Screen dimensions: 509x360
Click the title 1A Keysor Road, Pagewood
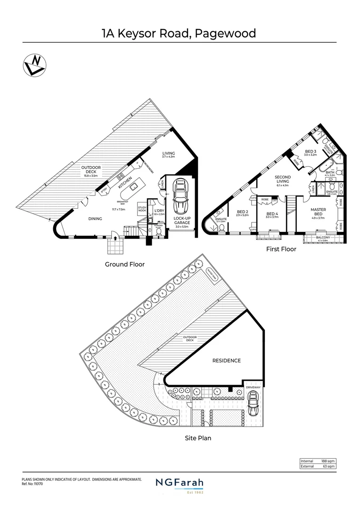point(179,33)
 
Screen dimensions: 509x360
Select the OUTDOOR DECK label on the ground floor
point(91,170)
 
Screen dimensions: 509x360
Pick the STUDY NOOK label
point(142,208)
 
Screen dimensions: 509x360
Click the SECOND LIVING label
point(283,180)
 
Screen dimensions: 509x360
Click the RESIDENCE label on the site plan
point(226,361)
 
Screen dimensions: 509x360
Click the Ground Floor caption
point(124,264)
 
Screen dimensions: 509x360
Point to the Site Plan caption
point(197,438)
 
